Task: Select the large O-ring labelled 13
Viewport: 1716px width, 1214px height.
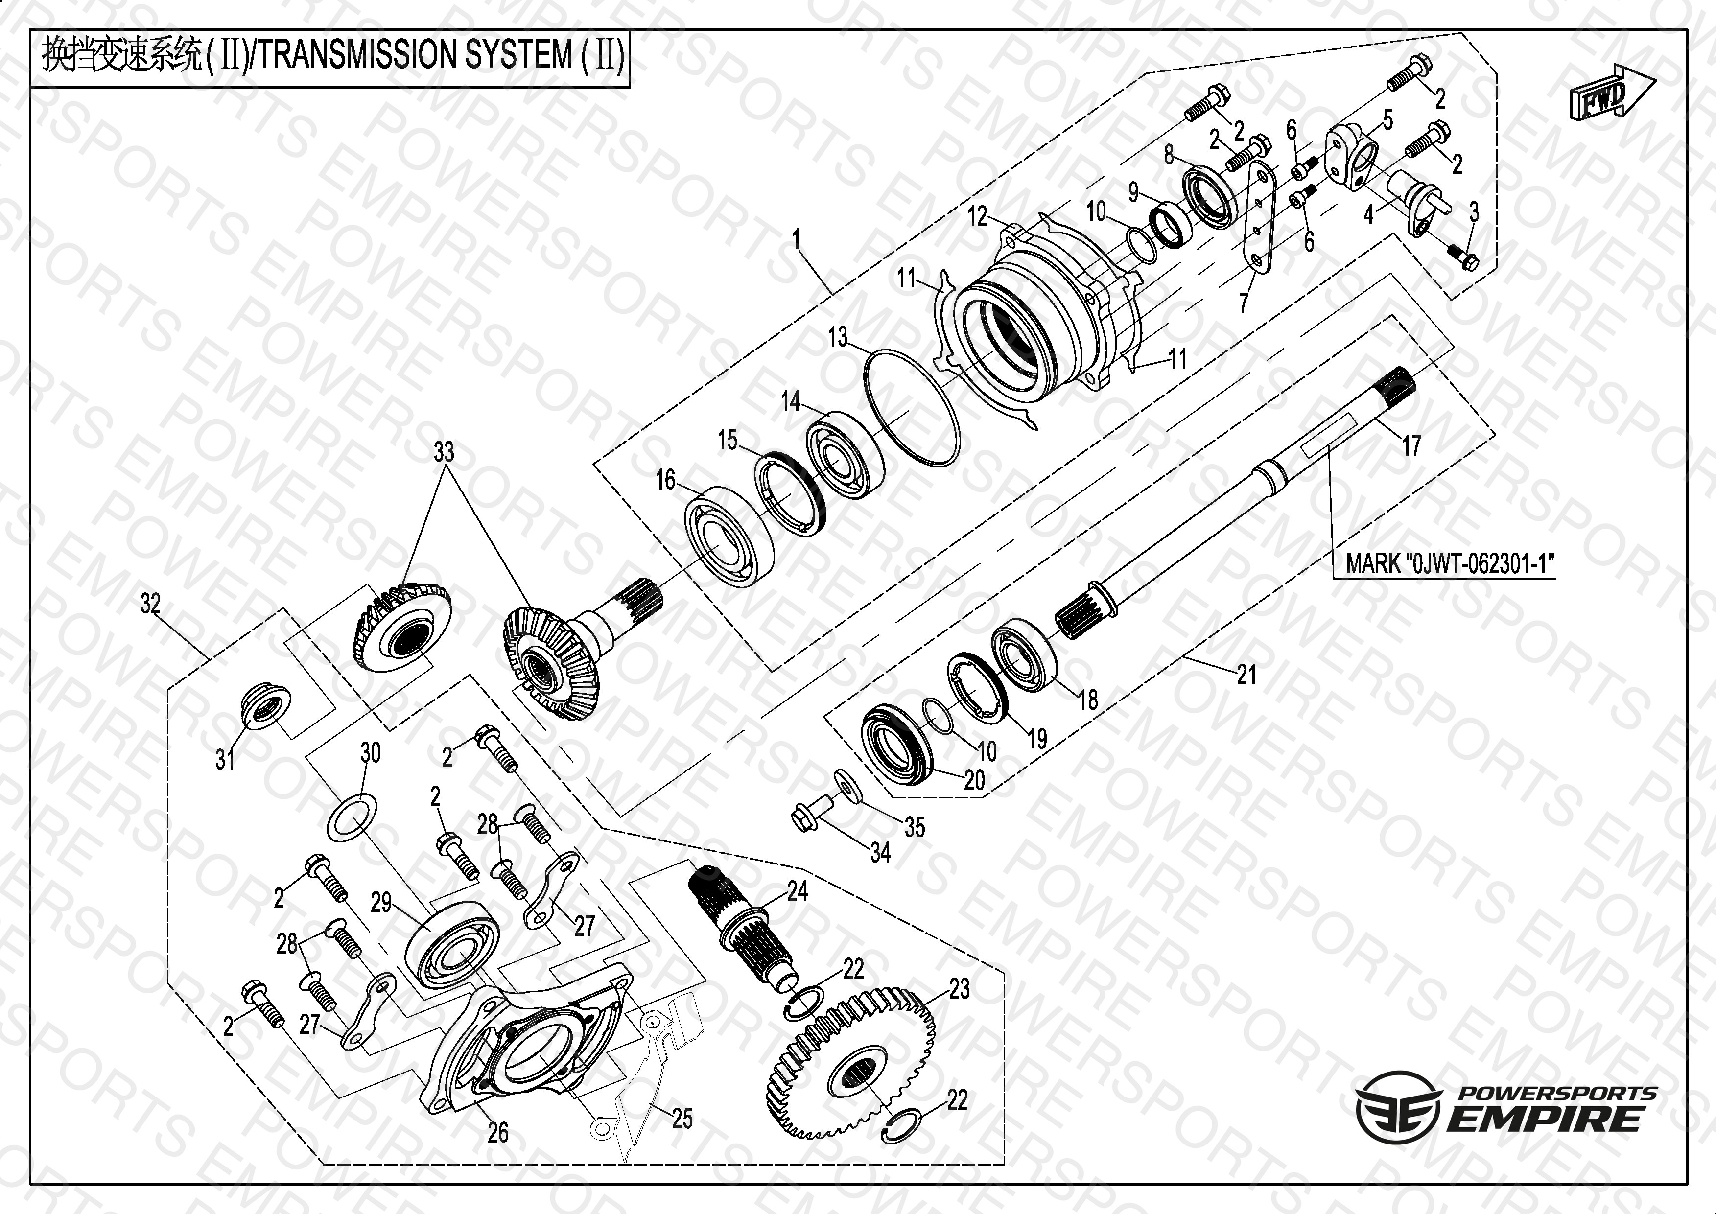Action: click(911, 408)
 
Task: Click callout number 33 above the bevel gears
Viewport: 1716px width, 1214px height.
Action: click(444, 451)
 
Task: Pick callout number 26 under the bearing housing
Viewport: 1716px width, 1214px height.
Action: click(498, 1133)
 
